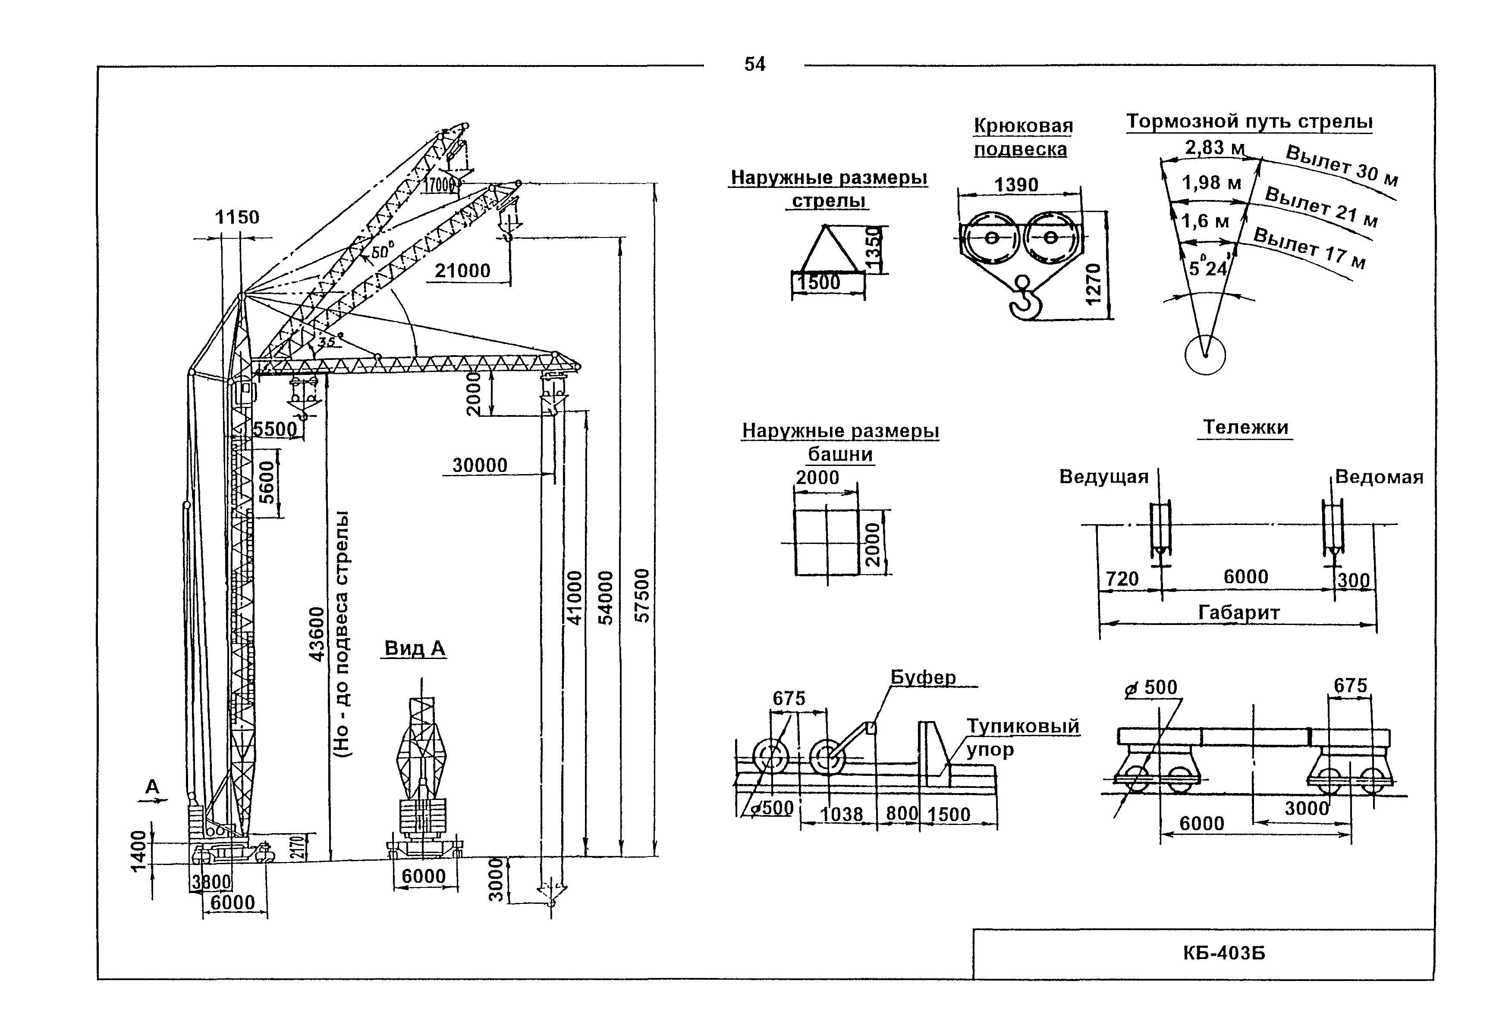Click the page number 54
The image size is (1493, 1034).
coord(754,64)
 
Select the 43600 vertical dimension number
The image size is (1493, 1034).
coord(316,634)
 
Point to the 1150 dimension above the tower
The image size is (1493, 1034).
coord(237,218)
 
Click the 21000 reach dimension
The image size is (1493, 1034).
coord(462,271)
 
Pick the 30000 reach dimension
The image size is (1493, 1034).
coord(480,465)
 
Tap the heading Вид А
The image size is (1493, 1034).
coord(415,649)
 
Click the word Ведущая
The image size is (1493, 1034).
coord(1103,477)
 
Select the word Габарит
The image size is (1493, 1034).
coord(1238,612)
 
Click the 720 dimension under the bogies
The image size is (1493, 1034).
coord(1122,578)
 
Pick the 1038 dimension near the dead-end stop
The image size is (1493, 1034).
coord(842,814)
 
